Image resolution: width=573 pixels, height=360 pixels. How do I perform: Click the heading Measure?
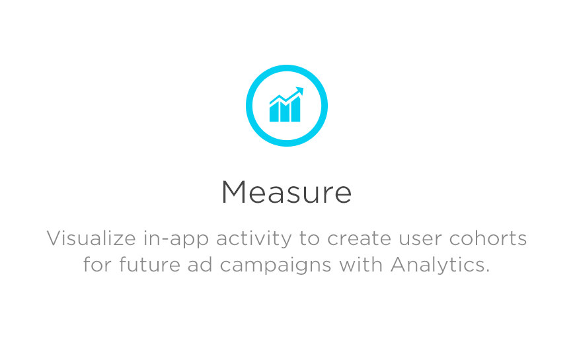[286, 192]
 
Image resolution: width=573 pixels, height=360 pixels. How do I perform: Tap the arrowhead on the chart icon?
[299, 90]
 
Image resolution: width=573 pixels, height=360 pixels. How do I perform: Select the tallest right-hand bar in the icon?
[295, 110]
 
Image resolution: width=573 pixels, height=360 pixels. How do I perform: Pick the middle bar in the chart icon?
[285, 112]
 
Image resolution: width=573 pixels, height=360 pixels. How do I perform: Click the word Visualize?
[91, 238]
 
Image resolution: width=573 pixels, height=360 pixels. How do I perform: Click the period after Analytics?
[487, 271]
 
